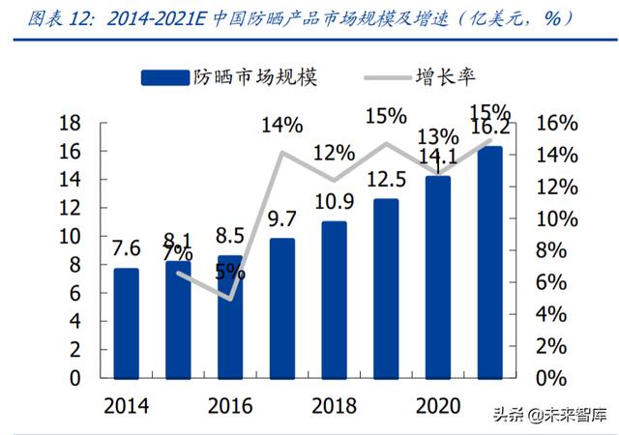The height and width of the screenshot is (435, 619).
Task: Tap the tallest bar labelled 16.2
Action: [490, 262]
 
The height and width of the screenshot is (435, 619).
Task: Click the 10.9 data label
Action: [334, 204]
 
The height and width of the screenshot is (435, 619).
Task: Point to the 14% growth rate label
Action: [281, 125]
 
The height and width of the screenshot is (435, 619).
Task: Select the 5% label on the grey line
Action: [229, 273]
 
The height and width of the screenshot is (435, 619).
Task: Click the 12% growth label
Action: [334, 153]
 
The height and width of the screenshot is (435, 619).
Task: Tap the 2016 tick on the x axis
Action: [229, 405]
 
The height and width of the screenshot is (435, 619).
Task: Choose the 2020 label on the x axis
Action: [438, 405]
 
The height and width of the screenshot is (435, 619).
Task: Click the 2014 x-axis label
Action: [126, 405]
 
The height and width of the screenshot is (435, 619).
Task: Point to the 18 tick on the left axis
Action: [70, 123]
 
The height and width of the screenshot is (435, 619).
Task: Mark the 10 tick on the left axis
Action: [70, 236]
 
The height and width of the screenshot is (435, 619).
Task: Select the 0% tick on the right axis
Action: [551, 378]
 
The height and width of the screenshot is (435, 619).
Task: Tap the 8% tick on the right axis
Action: [551, 250]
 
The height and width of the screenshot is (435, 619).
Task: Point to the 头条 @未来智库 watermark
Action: [549, 415]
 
